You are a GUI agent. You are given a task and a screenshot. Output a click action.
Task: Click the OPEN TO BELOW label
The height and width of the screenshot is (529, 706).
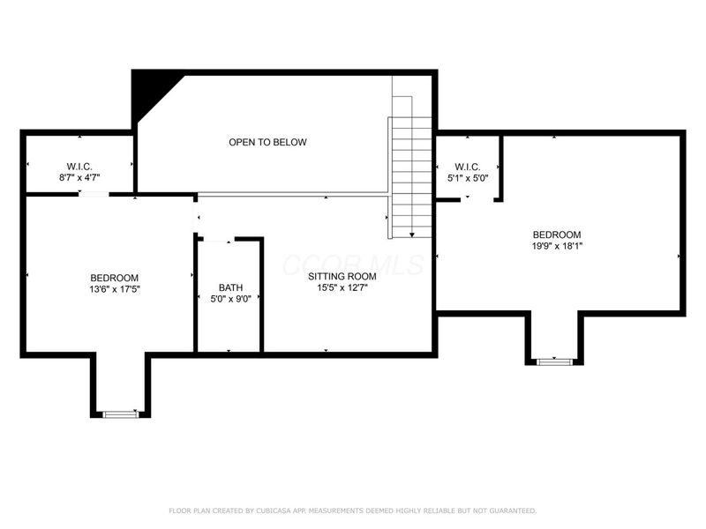267,142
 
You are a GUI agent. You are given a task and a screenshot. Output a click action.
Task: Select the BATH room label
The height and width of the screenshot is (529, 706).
230,287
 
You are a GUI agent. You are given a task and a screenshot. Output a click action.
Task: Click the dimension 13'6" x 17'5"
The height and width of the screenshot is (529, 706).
114,287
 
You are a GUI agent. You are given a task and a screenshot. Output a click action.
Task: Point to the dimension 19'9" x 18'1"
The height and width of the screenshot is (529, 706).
557,246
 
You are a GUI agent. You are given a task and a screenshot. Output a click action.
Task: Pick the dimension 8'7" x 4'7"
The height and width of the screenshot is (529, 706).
79,178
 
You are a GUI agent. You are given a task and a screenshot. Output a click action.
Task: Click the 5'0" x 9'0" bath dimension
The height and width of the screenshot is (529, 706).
230,299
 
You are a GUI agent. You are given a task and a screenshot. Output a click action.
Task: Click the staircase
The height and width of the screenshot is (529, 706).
410,176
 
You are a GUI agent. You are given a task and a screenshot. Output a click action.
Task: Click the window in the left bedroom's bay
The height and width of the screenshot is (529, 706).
120,413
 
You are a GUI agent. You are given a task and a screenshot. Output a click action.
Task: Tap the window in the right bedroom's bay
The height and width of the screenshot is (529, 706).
554,361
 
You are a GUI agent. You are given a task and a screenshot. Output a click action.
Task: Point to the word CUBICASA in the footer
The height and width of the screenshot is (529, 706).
277,510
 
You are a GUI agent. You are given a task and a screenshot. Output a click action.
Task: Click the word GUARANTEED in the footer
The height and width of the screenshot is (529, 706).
509,510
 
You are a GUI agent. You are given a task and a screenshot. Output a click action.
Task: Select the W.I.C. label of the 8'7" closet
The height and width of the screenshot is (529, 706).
79,167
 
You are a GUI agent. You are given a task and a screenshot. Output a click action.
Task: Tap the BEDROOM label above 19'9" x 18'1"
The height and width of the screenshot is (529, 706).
557,235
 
